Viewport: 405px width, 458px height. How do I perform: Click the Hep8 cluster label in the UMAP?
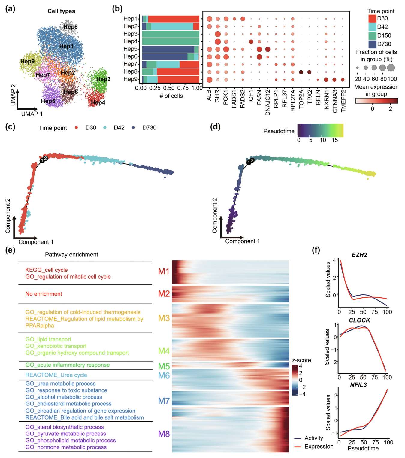click(71, 27)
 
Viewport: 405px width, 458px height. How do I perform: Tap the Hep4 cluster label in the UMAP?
click(98, 102)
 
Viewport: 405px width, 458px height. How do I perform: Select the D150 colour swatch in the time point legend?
click(372, 35)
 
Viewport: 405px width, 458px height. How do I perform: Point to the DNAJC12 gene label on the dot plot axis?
click(268, 102)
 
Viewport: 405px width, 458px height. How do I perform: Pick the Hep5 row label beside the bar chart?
click(130, 49)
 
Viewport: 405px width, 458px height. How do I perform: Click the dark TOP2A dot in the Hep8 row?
click(301, 72)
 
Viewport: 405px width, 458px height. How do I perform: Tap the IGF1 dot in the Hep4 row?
click(251, 42)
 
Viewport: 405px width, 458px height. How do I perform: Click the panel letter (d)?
click(215, 127)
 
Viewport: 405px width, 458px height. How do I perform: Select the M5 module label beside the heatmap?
click(164, 366)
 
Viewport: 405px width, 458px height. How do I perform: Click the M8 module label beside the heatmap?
click(164, 434)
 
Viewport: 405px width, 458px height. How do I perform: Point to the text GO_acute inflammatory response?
click(68, 365)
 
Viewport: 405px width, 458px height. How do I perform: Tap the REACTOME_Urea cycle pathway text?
click(56, 375)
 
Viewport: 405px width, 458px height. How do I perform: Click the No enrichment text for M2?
click(44, 294)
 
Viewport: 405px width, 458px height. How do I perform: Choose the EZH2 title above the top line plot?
click(359, 255)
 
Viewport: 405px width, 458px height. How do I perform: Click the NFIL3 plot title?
click(358, 385)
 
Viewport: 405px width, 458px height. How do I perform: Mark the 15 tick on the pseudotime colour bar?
click(335, 140)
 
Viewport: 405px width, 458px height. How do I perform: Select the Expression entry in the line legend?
click(319, 447)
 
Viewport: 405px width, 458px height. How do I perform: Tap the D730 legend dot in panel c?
click(133, 128)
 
